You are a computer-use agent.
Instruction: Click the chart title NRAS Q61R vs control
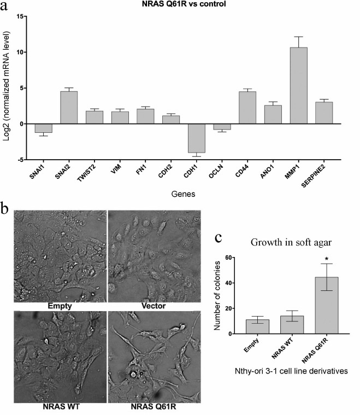coord(180,5)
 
